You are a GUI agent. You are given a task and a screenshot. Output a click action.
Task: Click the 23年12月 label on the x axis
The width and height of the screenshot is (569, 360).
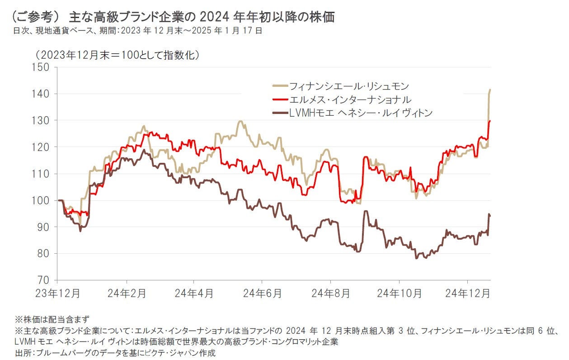click(x=58, y=293)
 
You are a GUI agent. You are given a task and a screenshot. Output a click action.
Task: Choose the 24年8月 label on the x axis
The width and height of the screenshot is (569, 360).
click(x=331, y=293)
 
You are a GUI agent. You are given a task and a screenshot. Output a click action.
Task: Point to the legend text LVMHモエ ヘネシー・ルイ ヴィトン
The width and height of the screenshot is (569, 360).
click(x=361, y=113)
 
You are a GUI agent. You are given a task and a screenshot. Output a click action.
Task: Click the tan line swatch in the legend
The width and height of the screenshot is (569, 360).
click(x=280, y=86)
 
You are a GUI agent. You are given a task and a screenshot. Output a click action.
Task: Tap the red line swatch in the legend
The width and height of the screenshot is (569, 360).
click(x=280, y=99)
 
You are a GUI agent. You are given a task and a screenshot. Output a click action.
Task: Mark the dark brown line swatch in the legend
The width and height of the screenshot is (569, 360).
click(x=280, y=113)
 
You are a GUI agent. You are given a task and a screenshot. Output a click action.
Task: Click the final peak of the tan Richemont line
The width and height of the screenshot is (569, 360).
click(x=490, y=90)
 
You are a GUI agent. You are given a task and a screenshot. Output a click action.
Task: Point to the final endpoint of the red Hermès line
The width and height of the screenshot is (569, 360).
click(x=490, y=121)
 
